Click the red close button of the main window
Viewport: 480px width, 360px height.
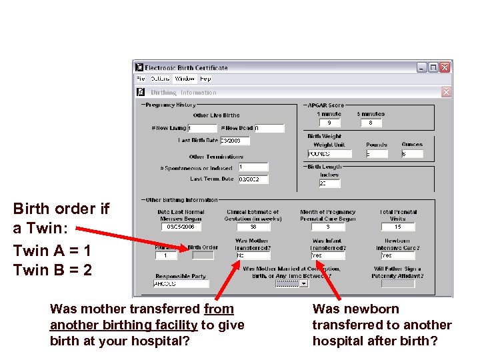click(x=445, y=67)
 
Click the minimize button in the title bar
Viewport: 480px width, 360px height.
click(x=421, y=67)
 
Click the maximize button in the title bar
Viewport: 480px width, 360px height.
click(x=433, y=67)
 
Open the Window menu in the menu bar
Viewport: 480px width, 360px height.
click(x=185, y=79)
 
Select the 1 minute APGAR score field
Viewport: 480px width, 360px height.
click(x=329, y=123)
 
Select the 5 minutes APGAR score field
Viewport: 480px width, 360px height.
click(x=371, y=123)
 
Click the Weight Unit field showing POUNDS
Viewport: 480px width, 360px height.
click(x=329, y=154)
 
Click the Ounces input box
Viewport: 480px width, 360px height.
click(x=412, y=154)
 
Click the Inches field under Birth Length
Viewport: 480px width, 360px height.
click(x=329, y=183)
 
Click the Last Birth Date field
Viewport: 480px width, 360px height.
click(x=235, y=141)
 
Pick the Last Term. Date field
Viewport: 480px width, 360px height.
click(x=253, y=179)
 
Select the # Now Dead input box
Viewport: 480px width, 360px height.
click(x=269, y=128)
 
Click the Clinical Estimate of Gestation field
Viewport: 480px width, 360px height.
click(x=253, y=227)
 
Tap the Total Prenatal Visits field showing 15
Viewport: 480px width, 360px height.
click(x=398, y=227)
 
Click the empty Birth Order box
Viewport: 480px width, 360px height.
click(x=203, y=255)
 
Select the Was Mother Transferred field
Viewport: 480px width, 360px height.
click(x=253, y=255)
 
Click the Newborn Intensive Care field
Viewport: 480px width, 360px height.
click(x=397, y=255)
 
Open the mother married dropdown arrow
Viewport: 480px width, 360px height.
click(x=304, y=283)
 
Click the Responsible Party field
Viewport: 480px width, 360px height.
click(x=181, y=283)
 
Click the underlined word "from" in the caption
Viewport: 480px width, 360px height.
click(x=219, y=309)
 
